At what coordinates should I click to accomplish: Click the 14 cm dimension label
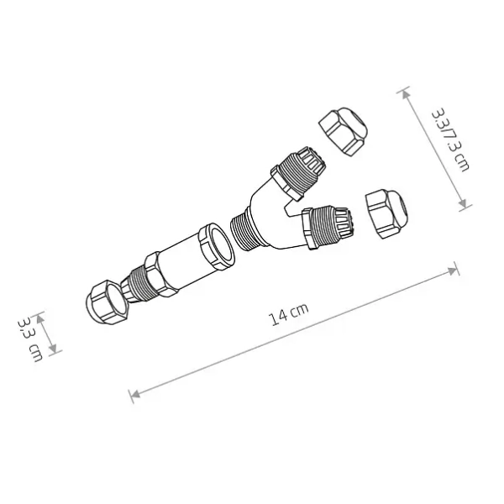[288, 314]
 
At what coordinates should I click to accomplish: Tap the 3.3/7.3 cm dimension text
[449, 139]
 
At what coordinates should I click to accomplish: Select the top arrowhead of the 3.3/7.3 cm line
[406, 92]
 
